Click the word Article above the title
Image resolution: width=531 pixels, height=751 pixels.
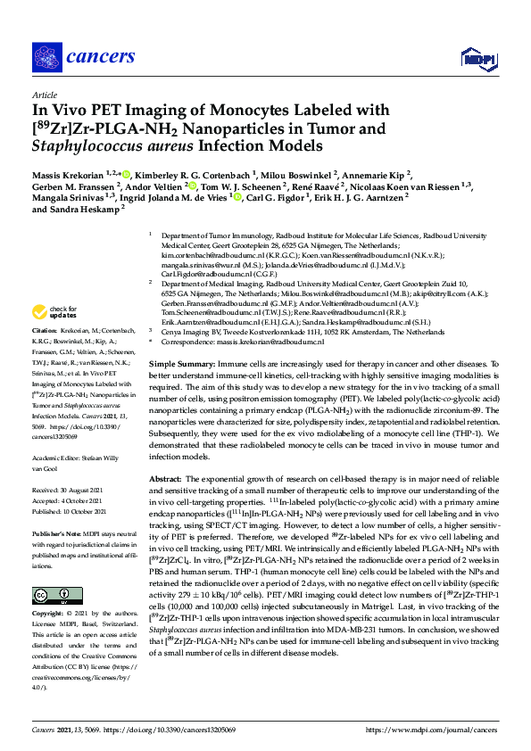tap(44, 94)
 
